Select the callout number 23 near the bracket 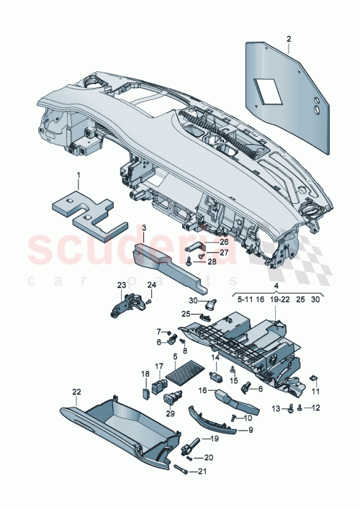click(121, 287)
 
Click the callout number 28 click(212, 261)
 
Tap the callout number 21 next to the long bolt click(202, 472)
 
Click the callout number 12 click(317, 409)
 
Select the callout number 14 click(215, 357)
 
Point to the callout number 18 click(144, 374)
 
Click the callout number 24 click(151, 285)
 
